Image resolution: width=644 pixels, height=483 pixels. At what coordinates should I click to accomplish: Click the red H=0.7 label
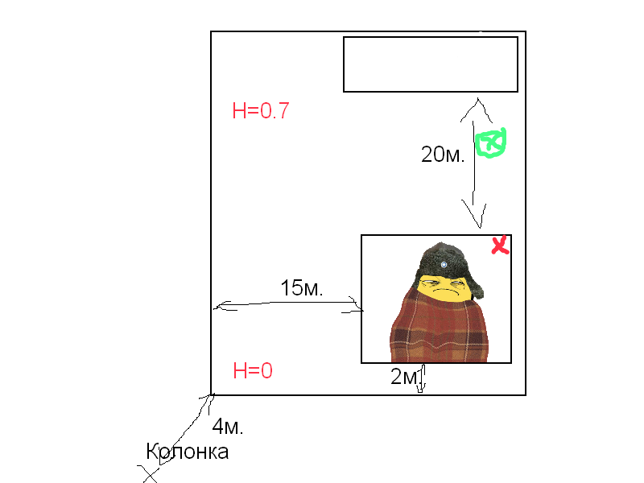point(260,110)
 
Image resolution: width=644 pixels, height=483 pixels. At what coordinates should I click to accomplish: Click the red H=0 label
point(253,370)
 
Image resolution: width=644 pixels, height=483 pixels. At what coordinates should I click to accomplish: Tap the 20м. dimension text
point(443,155)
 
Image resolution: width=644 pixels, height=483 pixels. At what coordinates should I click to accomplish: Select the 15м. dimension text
point(301,288)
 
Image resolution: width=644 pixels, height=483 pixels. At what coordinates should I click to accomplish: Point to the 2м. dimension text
point(406,376)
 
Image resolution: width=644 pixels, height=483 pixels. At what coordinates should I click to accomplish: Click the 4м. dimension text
point(228,427)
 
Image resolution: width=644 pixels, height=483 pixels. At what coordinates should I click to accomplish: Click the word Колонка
point(188,452)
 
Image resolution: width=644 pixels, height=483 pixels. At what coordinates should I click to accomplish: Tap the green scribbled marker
point(490,142)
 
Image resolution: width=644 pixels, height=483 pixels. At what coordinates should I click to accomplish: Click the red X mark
point(500,246)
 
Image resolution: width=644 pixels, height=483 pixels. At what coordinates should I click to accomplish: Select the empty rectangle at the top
point(431,64)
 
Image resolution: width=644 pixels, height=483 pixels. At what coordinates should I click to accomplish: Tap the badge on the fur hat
point(444,265)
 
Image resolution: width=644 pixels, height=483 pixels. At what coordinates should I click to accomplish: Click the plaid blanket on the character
point(439,328)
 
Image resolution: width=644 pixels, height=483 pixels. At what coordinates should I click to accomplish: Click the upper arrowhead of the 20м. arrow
point(477,109)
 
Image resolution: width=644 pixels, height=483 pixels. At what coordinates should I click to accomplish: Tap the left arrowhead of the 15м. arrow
point(224,307)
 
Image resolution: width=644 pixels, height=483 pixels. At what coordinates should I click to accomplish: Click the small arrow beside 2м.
point(422,378)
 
